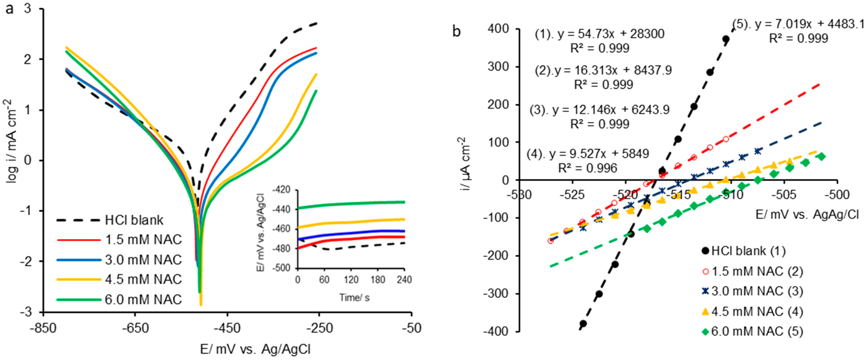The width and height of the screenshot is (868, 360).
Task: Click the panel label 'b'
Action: point(456,32)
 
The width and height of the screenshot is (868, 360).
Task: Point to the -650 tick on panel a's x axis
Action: point(135,328)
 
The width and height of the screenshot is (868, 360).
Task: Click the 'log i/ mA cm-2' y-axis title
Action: point(12,142)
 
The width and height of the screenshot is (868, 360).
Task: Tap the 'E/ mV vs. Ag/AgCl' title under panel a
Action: point(255,349)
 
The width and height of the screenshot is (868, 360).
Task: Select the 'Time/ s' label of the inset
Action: point(354,298)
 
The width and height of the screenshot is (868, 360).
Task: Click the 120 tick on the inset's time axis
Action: point(351,280)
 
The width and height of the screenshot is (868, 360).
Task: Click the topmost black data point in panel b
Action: point(726,39)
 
